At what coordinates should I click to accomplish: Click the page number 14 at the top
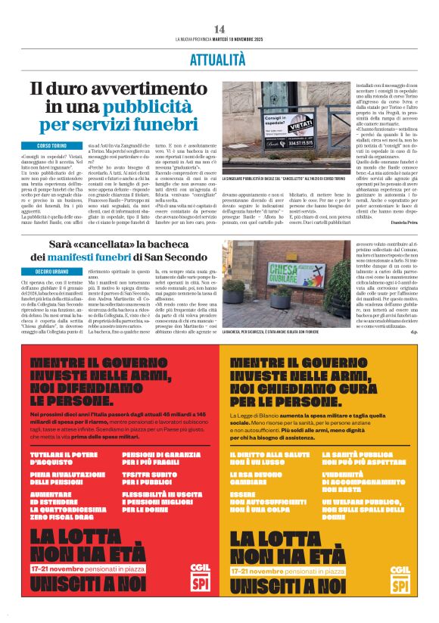219,29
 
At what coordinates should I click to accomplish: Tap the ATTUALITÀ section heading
219,58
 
